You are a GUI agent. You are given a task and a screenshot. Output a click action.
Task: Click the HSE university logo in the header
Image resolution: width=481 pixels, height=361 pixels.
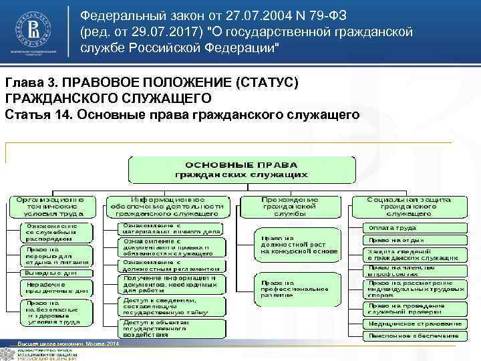[35, 30]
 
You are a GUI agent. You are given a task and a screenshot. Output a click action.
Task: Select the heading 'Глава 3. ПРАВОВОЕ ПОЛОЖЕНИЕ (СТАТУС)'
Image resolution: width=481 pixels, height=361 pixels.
[152, 82]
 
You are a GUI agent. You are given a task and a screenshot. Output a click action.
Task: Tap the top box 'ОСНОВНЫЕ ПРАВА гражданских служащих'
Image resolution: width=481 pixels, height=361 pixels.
[242, 169]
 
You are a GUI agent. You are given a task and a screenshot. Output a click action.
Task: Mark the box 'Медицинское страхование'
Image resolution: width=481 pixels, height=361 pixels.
[414, 323]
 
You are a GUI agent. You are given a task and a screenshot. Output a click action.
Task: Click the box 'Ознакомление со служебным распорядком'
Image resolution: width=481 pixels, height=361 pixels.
[52, 231]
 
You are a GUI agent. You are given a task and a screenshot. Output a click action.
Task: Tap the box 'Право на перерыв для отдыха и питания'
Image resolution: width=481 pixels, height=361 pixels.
[52, 255]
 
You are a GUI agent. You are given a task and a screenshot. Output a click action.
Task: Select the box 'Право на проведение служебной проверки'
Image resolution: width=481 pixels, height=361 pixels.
[414, 308]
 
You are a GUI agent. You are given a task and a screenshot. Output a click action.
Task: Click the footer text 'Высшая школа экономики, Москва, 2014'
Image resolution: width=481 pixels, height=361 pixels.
[67, 344]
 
